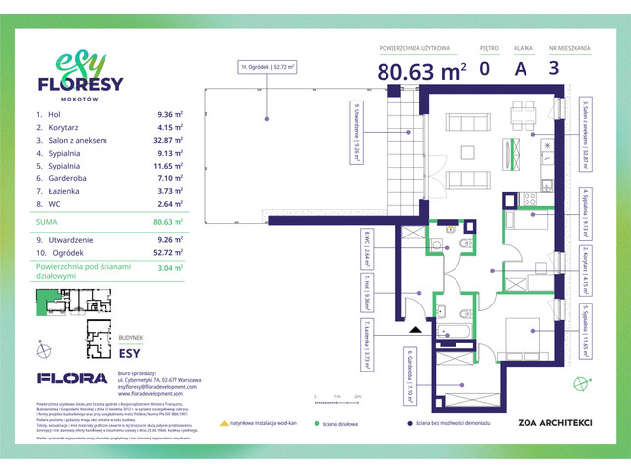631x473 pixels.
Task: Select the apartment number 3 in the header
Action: click(x=553, y=68)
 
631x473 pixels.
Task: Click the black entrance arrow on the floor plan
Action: click(x=416, y=332)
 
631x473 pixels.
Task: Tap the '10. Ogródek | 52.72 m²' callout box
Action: click(x=267, y=67)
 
